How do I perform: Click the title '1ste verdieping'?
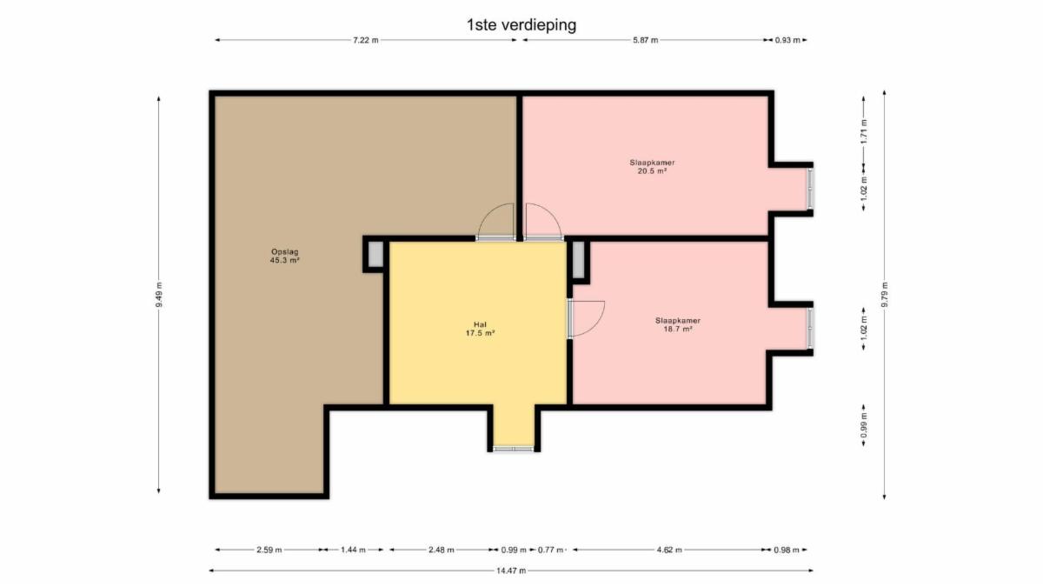coord(521,25)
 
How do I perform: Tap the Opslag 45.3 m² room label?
coord(284,256)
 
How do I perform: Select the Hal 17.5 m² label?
coord(480,329)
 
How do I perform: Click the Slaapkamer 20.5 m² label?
coord(652,167)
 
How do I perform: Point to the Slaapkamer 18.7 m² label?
coord(678,324)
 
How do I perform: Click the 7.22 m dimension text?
coord(366,40)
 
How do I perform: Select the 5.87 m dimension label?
coord(645,40)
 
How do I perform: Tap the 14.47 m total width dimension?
coord(511,570)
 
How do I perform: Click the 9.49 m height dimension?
coord(159,295)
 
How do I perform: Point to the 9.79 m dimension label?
coord(885,295)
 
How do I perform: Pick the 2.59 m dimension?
coord(269,550)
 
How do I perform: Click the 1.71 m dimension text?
coord(864,131)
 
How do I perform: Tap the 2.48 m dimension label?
coord(441,550)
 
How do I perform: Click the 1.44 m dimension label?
coord(353,550)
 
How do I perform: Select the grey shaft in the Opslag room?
coord(375,254)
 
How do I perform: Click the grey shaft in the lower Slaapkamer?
coord(578,260)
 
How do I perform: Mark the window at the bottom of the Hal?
coord(514,449)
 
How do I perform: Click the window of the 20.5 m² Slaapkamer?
coord(810,189)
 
